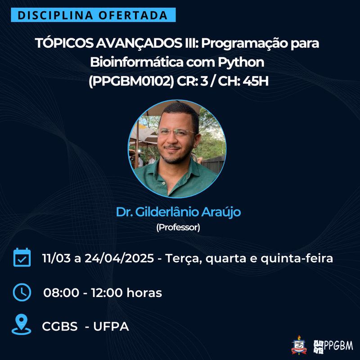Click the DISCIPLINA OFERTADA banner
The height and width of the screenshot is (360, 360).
click(x=93, y=15)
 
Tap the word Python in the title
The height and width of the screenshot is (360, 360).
click(x=241, y=62)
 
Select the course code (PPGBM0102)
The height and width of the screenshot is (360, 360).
click(x=131, y=81)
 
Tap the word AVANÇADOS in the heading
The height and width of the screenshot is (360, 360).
click(x=139, y=43)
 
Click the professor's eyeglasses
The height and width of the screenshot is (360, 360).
click(x=176, y=132)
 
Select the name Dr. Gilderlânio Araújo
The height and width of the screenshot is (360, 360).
click(x=178, y=212)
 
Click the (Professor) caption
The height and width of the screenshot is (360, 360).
click(x=178, y=227)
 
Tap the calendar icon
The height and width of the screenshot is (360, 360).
click(x=22, y=257)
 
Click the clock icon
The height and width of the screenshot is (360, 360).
click(x=22, y=292)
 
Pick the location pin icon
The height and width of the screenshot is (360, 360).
click(x=21, y=324)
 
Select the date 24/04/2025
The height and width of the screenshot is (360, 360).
click(x=119, y=258)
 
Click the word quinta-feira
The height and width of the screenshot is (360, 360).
click(x=297, y=258)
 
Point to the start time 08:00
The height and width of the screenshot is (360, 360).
click(x=61, y=293)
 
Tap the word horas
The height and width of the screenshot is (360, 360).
click(x=144, y=293)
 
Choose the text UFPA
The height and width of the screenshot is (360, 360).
click(x=111, y=326)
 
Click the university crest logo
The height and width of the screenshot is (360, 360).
click(x=299, y=345)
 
